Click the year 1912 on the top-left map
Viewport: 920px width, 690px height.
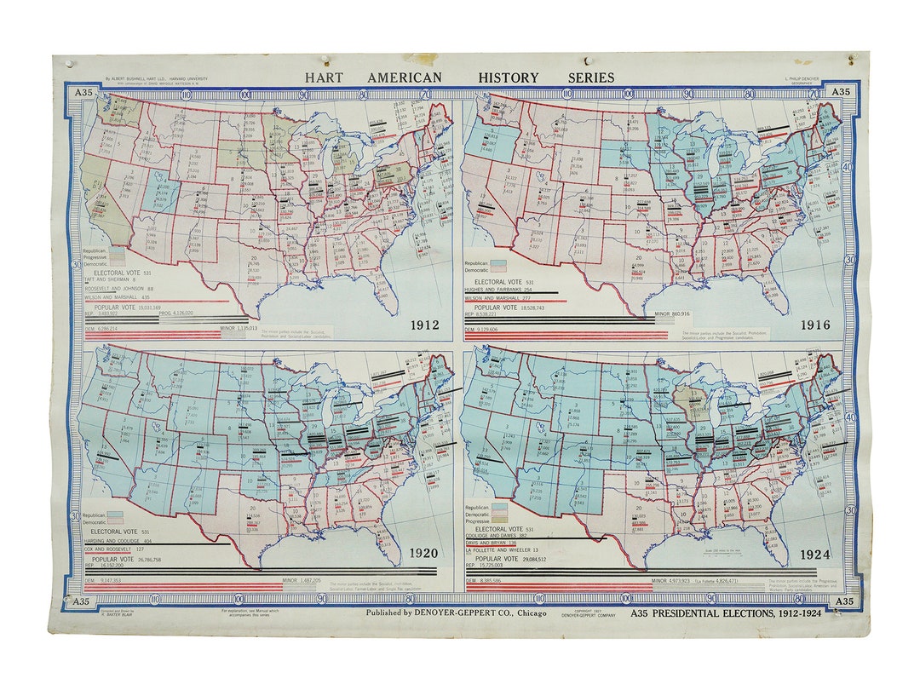[x=423, y=325]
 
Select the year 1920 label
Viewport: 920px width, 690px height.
[x=423, y=553]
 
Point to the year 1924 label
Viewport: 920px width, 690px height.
[x=815, y=555]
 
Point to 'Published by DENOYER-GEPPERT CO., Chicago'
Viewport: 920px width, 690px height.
[x=457, y=612]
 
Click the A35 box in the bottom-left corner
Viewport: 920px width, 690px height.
[x=81, y=601]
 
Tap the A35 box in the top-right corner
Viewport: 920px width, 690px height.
[x=840, y=92]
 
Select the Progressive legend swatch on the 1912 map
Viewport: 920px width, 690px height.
[x=117, y=257]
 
